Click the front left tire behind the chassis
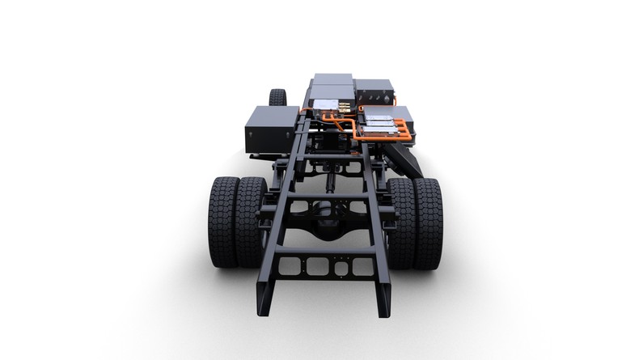coord(277,97)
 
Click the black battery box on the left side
coord(271,129)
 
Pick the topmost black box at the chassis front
coord(333,79)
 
